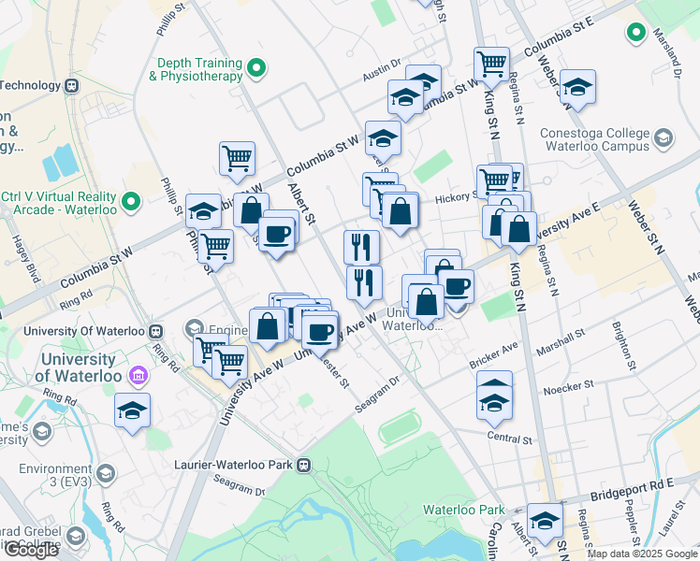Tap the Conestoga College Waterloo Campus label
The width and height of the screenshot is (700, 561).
pyautogui.click(x=595, y=139)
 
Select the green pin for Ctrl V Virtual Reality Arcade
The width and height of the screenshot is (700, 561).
pyautogui.click(x=131, y=200)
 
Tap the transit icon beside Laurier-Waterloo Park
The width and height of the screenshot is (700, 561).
pyautogui.click(x=303, y=464)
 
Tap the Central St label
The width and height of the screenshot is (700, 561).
pyautogui.click(x=509, y=438)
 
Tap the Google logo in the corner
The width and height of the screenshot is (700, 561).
pyautogui.click(x=31, y=550)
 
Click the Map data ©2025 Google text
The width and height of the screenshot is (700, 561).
pyautogui.click(x=642, y=554)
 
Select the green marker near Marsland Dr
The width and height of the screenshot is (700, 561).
pyautogui.click(x=637, y=34)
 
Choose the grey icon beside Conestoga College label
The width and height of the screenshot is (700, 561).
pyautogui.click(x=663, y=139)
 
